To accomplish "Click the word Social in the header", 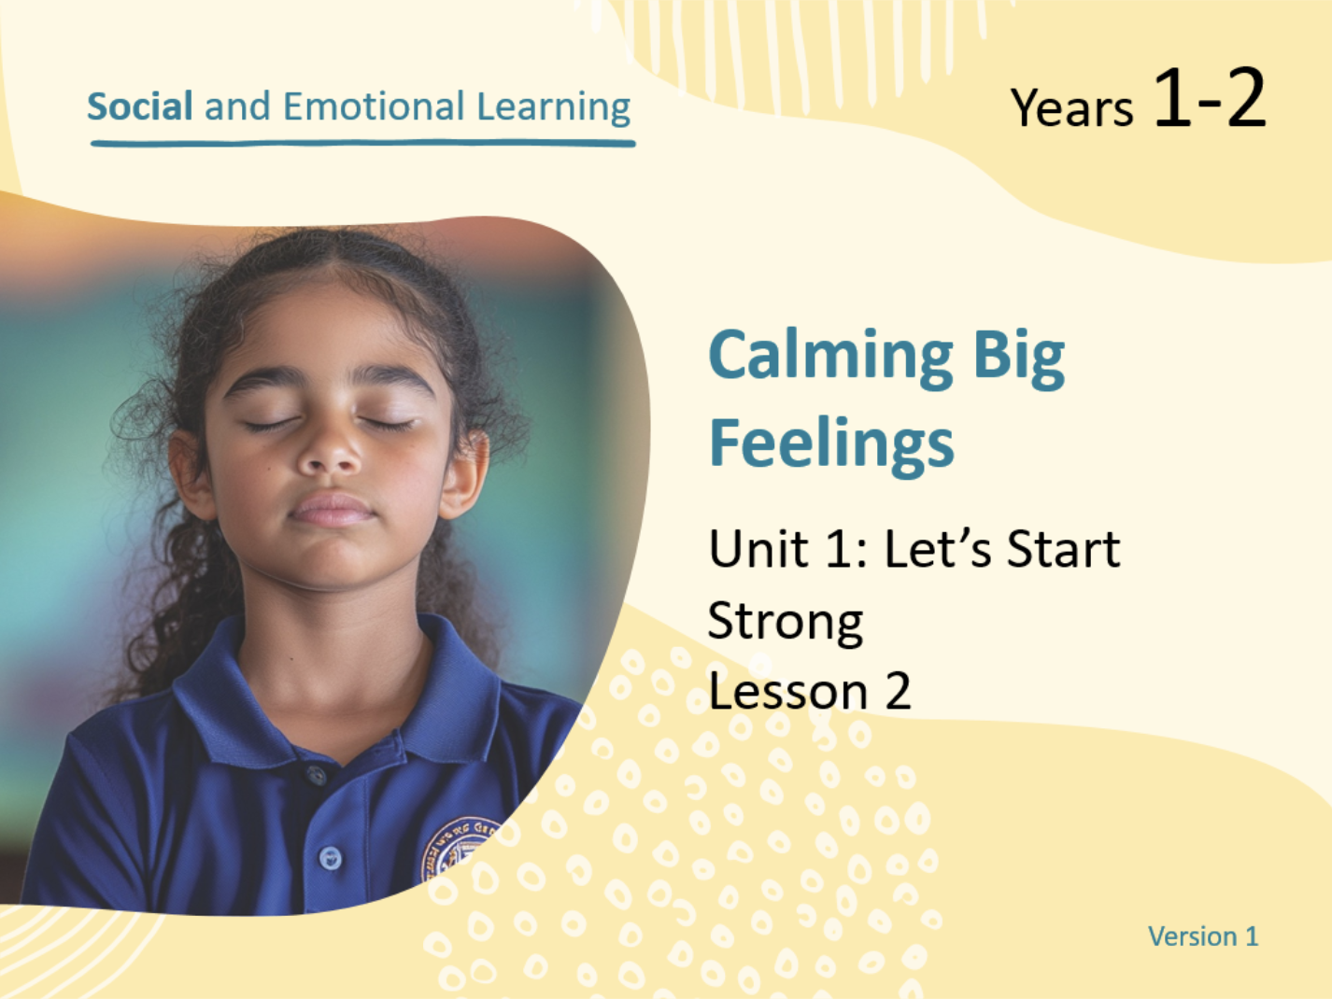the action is (140, 106).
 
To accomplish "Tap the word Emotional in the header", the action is (374, 106).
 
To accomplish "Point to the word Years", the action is (1071, 107).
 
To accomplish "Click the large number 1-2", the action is (1211, 97).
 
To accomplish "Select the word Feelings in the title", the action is (831, 446).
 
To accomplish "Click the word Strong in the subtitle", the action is (786, 622).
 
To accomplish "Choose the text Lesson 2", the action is (810, 691).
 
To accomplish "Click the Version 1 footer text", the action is (1203, 936).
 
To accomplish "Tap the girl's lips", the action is (332, 510).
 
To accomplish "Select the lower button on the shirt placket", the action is (330, 858).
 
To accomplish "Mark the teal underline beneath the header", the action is (362, 144).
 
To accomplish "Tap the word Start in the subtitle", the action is (1063, 549).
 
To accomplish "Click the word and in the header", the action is (237, 106).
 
